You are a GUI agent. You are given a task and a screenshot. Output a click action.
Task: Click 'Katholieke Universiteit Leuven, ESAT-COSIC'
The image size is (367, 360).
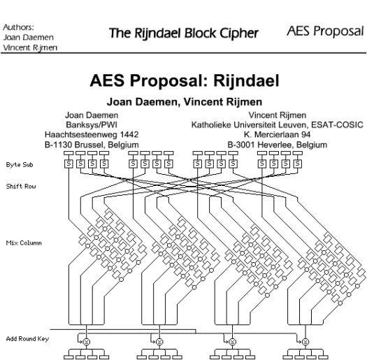click(277, 124)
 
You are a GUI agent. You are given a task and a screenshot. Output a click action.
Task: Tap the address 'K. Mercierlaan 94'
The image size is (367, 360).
click(277, 134)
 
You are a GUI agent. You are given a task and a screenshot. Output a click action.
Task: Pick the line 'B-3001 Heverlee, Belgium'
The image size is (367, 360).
click(277, 144)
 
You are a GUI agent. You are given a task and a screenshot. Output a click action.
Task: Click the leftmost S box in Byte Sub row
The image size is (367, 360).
click(69, 165)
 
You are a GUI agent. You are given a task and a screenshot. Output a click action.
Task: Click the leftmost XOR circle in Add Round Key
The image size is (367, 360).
click(87, 323)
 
